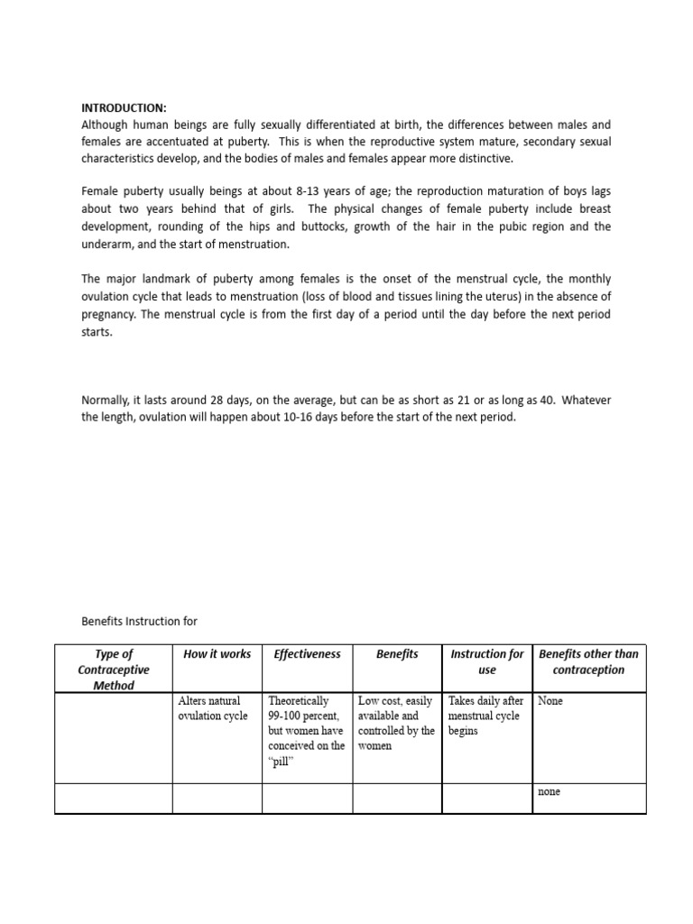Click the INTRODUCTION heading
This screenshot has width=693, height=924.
pos(124,108)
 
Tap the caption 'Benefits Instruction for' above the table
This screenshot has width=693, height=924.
pos(139,621)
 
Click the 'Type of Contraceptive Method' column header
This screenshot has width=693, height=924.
pos(114,670)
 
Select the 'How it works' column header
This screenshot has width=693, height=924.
pos(217,654)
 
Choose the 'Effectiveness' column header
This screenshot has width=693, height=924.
pos(307,654)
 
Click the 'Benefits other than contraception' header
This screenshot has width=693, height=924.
pos(588,662)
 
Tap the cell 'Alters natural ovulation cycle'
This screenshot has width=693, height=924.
pos(211,708)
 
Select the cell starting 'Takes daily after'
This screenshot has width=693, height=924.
pos(485,716)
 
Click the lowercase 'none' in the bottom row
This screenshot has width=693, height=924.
pos(549,791)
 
